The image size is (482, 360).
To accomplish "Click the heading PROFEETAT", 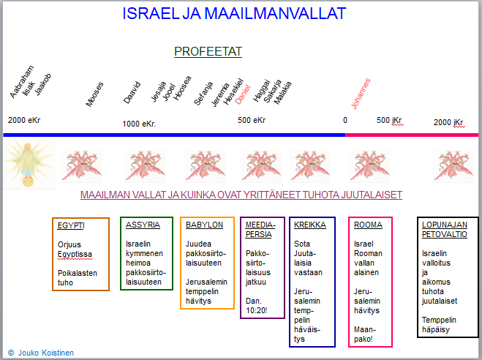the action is coord(208,51).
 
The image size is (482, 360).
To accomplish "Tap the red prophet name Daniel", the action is coord(243,94).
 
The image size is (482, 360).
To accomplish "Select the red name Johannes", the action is coord(361,94).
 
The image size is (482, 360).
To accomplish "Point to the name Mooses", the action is coord(94,94).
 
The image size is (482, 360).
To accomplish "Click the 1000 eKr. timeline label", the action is coord(139,124).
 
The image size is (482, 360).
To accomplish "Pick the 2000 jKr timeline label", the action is coord(448,122).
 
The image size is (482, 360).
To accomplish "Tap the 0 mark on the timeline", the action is coord(345,120).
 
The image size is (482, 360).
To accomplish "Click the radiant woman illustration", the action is coord(29,164).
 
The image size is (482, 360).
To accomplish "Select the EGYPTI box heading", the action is coord(71,225).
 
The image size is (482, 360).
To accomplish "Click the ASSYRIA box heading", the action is coord(143,225).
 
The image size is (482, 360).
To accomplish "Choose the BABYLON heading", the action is coord(204,225).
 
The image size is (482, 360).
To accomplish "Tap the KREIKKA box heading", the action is coord(310,225).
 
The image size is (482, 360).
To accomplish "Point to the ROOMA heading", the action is coord(368,225).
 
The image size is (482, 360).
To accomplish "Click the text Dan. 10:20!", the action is coord(257,306).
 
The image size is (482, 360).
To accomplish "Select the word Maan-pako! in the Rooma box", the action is coord(365,334).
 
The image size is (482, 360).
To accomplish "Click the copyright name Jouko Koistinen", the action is coord(46,353).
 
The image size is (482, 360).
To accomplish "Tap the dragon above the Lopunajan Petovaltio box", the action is coord(453,165).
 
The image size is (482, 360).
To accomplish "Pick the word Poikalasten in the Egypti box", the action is coord(78,273).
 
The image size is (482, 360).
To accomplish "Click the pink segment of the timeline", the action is coord(412,135).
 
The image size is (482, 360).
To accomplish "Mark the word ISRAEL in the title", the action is coord(151,13).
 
